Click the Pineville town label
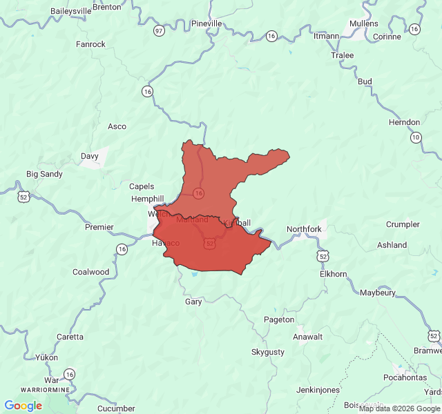[x=206, y=23]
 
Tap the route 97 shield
[x=160, y=31]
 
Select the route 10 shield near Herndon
[x=415, y=137]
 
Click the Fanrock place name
[x=90, y=44]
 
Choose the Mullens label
[x=364, y=23]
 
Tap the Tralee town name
[x=342, y=55]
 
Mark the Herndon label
[x=404, y=122]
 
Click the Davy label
[x=90, y=156]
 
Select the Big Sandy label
[x=44, y=174]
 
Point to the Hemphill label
[x=148, y=199]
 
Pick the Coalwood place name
[x=91, y=272]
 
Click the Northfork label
[x=304, y=229]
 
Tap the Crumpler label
[x=403, y=224]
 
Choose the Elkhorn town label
[x=333, y=274]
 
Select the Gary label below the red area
[x=193, y=302]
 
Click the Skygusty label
[x=267, y=352]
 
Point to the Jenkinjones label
[x=318, y=390]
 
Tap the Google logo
[x=23, y=406]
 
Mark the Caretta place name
[x=70, y=337]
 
